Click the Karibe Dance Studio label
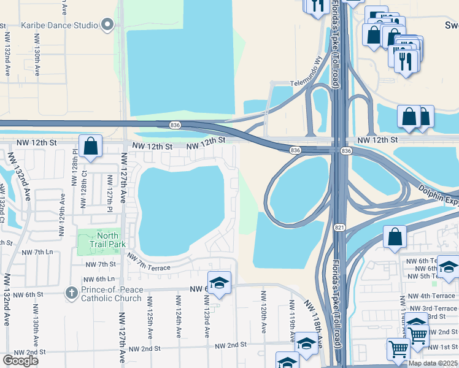60,25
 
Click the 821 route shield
339,228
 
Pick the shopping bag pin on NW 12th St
90,147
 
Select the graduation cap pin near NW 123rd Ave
219,283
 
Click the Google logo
20,361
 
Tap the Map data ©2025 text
433,363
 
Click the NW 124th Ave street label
178,314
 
